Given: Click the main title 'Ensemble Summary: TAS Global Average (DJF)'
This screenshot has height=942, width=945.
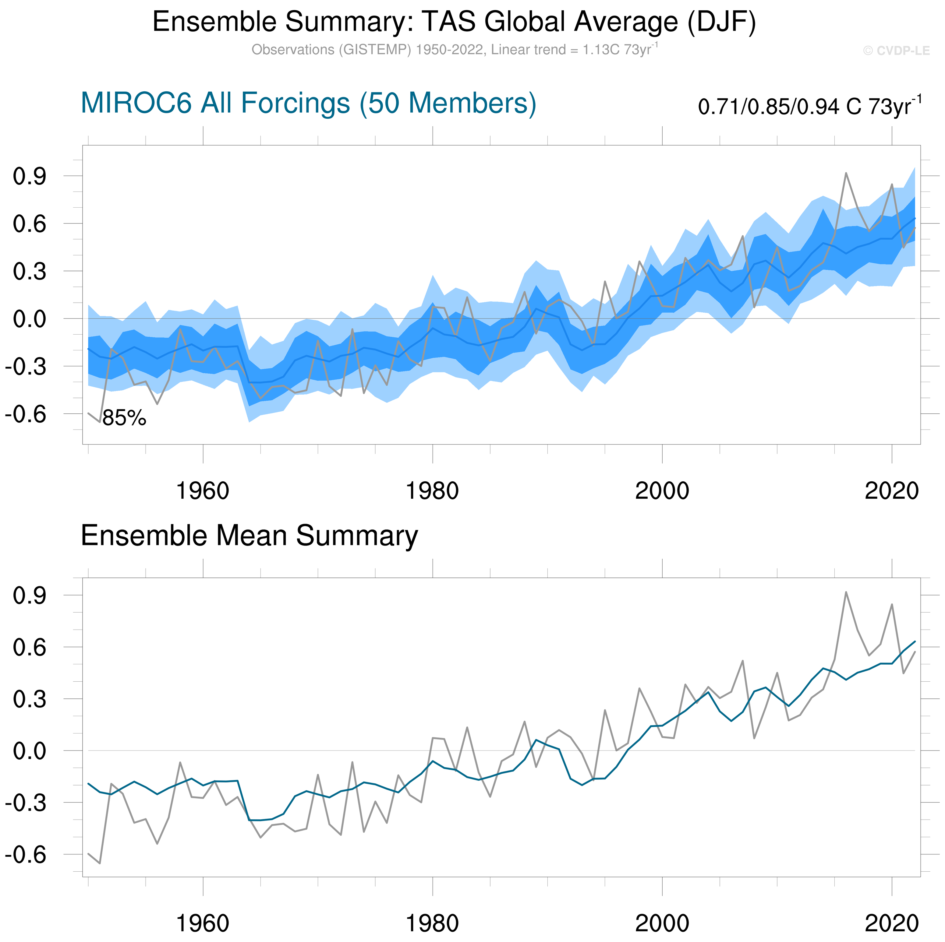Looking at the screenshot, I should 454,22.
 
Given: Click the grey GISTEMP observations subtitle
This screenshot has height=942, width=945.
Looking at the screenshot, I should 454,50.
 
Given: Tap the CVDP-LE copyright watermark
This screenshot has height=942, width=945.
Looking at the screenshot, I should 896,51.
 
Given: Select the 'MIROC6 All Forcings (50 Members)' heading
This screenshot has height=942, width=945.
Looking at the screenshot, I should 308,103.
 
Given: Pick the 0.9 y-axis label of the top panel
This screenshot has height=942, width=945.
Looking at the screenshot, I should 29,177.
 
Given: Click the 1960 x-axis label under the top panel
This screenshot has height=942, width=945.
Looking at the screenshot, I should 203,490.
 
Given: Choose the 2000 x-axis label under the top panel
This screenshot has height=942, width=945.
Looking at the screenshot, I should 662,490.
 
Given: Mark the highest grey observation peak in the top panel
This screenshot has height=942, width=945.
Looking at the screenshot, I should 846,173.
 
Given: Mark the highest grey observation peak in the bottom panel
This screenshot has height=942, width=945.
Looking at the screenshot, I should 846,592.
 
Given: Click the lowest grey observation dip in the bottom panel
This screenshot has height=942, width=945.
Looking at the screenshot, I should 100,863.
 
